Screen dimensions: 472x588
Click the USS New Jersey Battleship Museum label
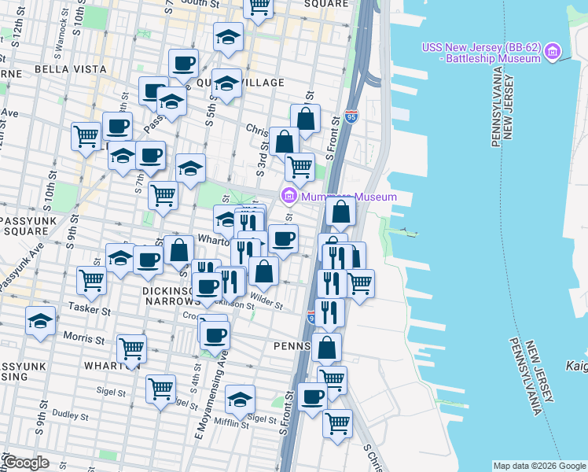coord(480,53)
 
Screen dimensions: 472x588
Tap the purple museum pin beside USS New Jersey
coord(553,53)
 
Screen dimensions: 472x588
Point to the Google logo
coord(26,463)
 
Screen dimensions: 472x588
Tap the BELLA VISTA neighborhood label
coord(70,69)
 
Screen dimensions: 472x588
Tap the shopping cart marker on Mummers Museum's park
coord(300,166)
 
